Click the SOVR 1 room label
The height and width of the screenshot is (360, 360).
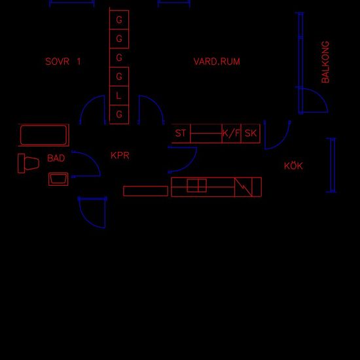click(63, 62)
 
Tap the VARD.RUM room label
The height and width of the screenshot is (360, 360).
click(217, 62)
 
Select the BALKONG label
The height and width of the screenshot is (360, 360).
click(325, 62)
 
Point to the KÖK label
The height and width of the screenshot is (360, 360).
click(293, 166)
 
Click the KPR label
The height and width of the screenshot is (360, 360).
click(120, 155)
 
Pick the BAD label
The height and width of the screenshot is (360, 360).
click(56, 158)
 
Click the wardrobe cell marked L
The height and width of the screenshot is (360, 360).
click(119, 96)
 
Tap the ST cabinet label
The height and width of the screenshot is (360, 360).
click(180, 133)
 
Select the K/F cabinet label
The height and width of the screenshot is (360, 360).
click(231, 133)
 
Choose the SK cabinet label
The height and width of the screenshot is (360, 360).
click(251, 133)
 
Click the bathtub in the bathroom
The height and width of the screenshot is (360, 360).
click(44, 135)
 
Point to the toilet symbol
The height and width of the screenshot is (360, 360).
click(28, 163)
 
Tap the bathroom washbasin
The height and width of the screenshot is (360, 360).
click(58, 179)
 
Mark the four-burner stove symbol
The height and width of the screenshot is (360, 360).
click(197, 185)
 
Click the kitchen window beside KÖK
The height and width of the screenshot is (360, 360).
click(333, 165)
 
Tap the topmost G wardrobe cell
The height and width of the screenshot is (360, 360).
click(119, 20)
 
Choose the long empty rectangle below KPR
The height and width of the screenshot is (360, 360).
click(145, 191)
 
